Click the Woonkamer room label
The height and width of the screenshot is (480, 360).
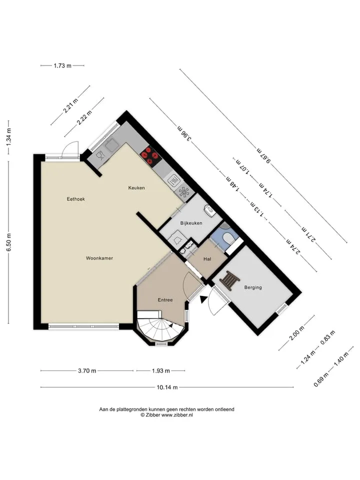99,258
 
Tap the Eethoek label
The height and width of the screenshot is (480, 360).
76,199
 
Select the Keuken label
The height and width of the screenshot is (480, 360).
136,187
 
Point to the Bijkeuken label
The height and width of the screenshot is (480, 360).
191,223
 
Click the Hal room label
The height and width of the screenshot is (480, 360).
207,259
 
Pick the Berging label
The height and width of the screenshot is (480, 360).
253,287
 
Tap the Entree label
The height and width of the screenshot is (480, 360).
165,300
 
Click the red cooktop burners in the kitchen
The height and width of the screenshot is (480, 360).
150,156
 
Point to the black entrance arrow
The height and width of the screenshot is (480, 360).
202,299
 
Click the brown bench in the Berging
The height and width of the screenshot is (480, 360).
229,280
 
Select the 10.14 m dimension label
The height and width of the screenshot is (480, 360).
167,387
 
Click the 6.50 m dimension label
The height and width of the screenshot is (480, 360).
8,242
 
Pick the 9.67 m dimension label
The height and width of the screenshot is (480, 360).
263,156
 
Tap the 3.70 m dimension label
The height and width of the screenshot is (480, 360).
87,370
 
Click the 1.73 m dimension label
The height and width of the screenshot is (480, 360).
62,65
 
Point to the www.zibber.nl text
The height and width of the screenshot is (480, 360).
177,415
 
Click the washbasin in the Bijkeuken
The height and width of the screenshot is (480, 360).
210,210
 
